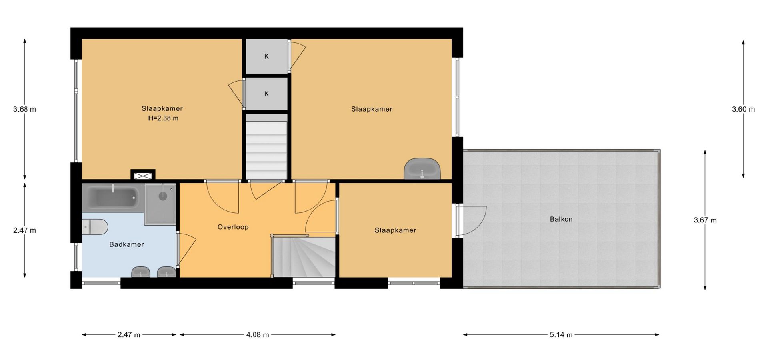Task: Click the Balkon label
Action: click(x=561, y=219)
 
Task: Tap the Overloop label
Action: click(x=233, y=227)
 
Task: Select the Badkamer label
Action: click(x=126, y=244)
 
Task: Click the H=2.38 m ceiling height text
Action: click(x=163, y=118)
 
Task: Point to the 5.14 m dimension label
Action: click(x=561, y=335)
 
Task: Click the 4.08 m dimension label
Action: click(x=258, y=335)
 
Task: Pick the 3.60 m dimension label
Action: click(x=744, y=109)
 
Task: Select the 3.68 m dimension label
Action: click(x=24, y=109)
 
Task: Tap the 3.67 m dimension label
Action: click(x=705, y=220)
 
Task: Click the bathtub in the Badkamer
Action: click(x=113, y=198)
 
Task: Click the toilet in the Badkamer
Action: click(x=95, y=227)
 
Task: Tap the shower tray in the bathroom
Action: click(x=160, y=204)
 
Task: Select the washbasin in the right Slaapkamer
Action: click(x=422, y=169)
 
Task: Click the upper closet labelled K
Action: click(x=266, y=56)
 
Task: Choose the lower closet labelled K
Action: click(x=266, y=94)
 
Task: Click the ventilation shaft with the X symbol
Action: click(x=143, y=175)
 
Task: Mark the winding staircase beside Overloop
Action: click(x=304, y=256)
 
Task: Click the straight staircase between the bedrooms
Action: click(x=266, y=147)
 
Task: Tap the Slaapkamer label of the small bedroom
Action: click(x=395, y=230)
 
